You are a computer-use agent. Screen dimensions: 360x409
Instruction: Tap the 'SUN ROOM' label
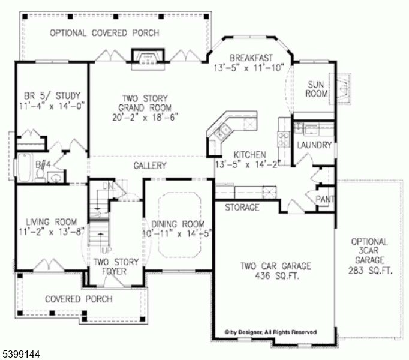tap(317, 89)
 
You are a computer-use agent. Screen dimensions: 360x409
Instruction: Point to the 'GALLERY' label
tap(149, 166)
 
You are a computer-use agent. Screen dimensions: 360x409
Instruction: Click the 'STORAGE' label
tap(242, 208)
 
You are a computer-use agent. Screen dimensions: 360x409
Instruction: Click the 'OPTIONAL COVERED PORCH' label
tap(104, 33)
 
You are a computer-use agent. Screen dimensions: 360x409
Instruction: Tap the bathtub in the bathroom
tap(25, 169)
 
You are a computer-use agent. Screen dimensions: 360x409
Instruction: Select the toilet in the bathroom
tap(40, 174)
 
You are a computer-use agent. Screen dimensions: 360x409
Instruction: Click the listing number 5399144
tap(21, 354)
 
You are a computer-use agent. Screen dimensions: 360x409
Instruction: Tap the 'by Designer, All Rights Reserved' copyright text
tap(271, 332)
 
